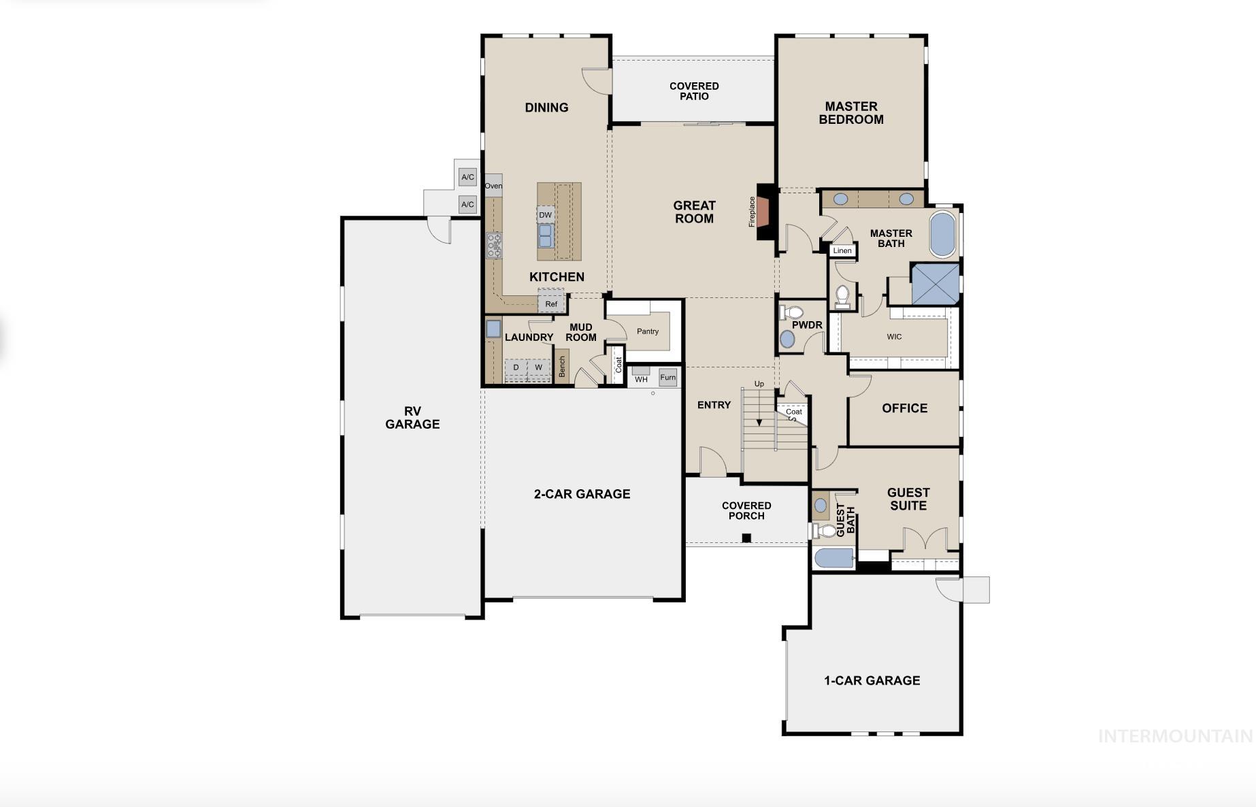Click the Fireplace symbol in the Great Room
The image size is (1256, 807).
point(765,211)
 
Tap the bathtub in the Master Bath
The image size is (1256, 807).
point(942,234)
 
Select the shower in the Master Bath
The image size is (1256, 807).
point(935,284)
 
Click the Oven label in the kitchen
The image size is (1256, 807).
point(493,186)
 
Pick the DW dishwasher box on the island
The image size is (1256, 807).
point(545,215)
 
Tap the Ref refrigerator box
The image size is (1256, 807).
point(551,303)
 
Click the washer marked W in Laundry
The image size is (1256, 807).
point(538,367)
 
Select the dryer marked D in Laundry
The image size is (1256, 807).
point(516,367)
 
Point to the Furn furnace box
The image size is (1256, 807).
point(668,378)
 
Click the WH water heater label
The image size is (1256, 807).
point(641,380)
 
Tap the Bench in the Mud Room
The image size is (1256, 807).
point(562,366)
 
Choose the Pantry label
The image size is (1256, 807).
point(648,331)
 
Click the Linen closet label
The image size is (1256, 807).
point(842,250)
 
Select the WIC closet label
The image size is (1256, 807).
point(894,337)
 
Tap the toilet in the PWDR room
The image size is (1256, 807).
point(791,313)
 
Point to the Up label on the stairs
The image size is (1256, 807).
point(759,384)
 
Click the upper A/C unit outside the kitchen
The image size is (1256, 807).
point(467,177)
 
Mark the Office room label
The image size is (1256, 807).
point(905,408)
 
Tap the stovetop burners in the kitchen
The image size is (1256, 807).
point(494,245)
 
